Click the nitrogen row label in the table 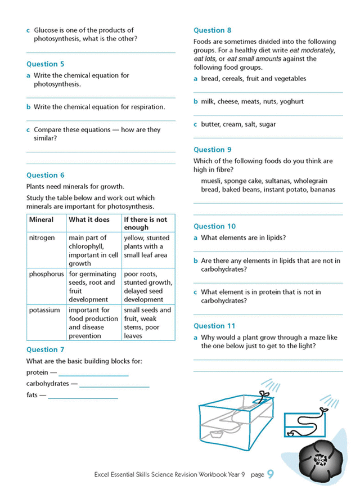point(42,238)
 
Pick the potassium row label point(44,310)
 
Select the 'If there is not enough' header point(146,223)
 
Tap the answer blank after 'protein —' point(93,374)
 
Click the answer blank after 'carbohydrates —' point(114,385)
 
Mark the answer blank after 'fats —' point(83,397)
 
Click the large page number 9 point(271,474)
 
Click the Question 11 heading point(214,326)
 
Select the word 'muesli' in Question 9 point(211,181)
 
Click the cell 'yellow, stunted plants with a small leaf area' point(145,246)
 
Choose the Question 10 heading point(214,226)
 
